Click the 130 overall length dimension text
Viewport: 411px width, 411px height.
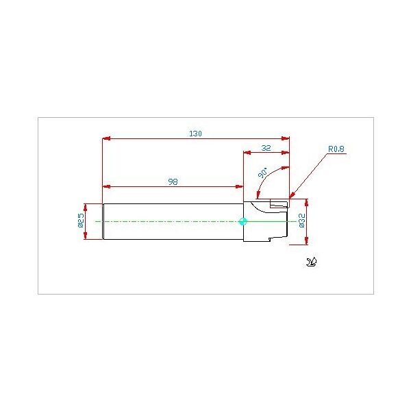(x=195, y=134)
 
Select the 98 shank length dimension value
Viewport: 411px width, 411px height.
(x=173, y=182)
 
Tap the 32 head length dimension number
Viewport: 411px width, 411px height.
(x=266, y=148)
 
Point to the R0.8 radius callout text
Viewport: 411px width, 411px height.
(x=336, y=149)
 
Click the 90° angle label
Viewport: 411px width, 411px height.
(x=263, y=173)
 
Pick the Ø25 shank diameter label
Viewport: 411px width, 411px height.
(x=81, y=220)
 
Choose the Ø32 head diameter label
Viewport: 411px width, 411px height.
(x=302, y=221)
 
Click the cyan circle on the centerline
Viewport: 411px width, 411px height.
(x=243, y=221)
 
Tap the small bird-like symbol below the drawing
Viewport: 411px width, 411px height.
(x=312, y=262)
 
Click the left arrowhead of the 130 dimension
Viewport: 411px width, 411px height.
(x=106, y=138)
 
